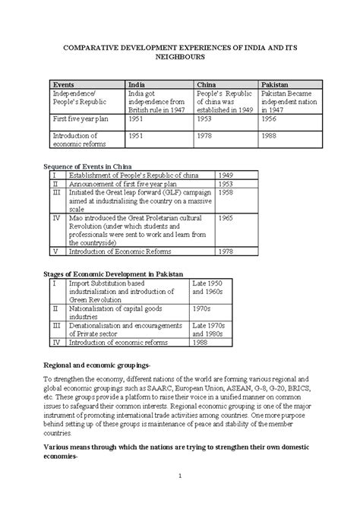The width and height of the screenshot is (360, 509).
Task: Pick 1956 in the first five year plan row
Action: [x=270, y=119]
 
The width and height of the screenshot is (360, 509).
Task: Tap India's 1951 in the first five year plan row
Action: [x=137, y=119]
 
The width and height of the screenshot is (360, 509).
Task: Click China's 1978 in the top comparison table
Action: [x=205, y=136]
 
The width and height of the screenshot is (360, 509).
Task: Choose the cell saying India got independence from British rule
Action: [x=157, y=102]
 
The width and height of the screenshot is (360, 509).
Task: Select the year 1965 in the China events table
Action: [x=226, y=217]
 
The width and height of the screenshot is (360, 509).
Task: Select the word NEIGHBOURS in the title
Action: [x=180, y=57]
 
